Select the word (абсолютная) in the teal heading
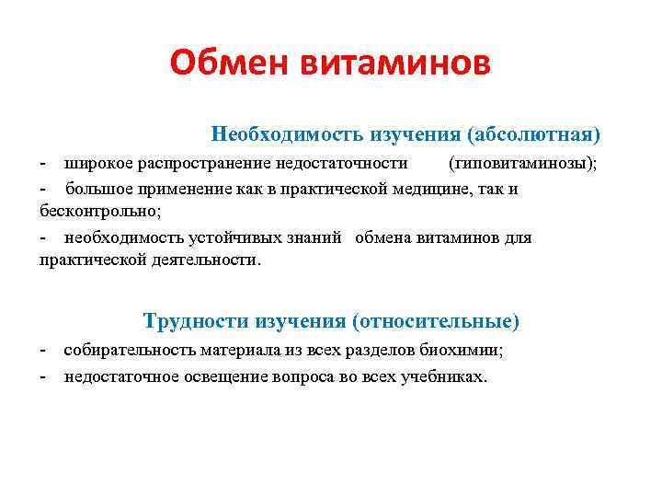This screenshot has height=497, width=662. click(533, 135)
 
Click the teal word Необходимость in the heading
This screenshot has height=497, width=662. click(288, 135)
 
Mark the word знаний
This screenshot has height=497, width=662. click(316, 237)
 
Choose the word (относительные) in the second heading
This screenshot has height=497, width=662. click(434, 322)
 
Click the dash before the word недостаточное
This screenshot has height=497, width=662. click(44, 377)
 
